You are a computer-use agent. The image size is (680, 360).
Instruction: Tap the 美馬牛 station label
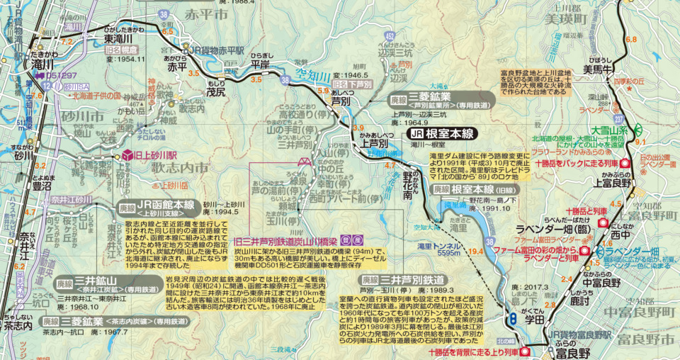click(x=591, y=69)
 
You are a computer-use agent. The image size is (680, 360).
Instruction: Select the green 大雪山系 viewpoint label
click(x=606, y=131)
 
